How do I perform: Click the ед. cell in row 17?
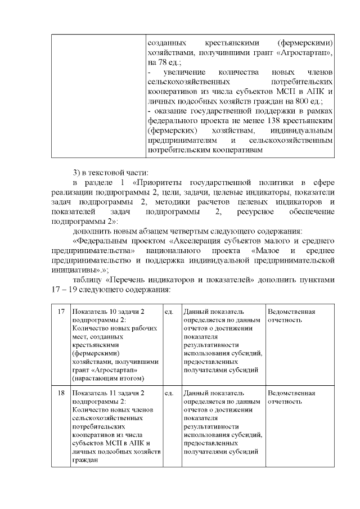click(x=169, y=312)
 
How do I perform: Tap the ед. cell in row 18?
click(x=169, y=393)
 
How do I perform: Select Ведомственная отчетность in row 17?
click(x=291, y=316)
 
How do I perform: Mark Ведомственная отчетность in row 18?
click(x=291, y=397)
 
